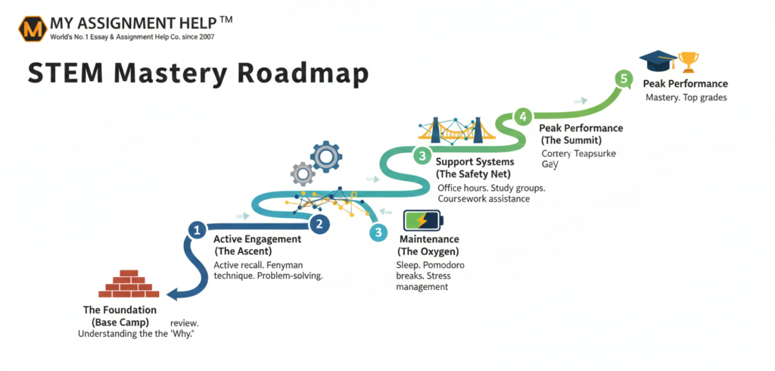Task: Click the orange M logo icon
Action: (32, 29)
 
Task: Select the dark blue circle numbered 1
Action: (196, 229)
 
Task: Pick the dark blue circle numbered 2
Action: (320, 223)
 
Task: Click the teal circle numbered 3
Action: (378, 233)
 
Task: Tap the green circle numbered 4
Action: (522, 117)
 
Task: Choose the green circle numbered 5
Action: (624, 78)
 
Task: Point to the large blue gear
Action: (326, 157)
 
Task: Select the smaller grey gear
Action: (303, 174)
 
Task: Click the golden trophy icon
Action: (689, 61)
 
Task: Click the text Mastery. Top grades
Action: (686, 98)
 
